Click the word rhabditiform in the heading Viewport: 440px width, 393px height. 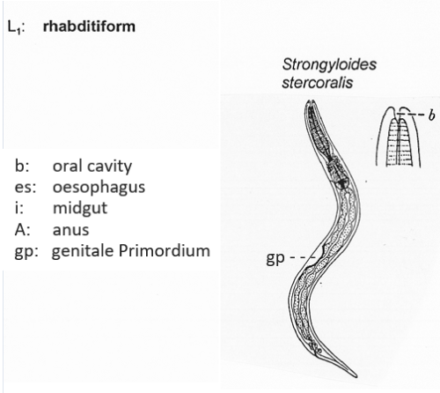tap(89, 26)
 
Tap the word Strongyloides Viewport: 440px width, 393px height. tap(329, 65)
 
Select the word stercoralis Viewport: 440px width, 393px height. tap(318, 83)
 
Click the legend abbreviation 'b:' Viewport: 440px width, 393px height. tap(22, 167)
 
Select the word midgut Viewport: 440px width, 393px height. tap(80, 209)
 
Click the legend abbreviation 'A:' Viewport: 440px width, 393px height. tap(22, 230)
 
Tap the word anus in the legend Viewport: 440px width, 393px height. tap(70, 230)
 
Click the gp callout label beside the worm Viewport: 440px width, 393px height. tap(275, 258)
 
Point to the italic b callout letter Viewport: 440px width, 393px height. tap(431, 115)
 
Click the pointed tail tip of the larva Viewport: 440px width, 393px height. tap(356, 376)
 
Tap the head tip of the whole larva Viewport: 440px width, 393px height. tap(311, 101)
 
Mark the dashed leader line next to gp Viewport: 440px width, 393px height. tap(303, 258)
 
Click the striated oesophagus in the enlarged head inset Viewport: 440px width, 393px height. tap(398, 143)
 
